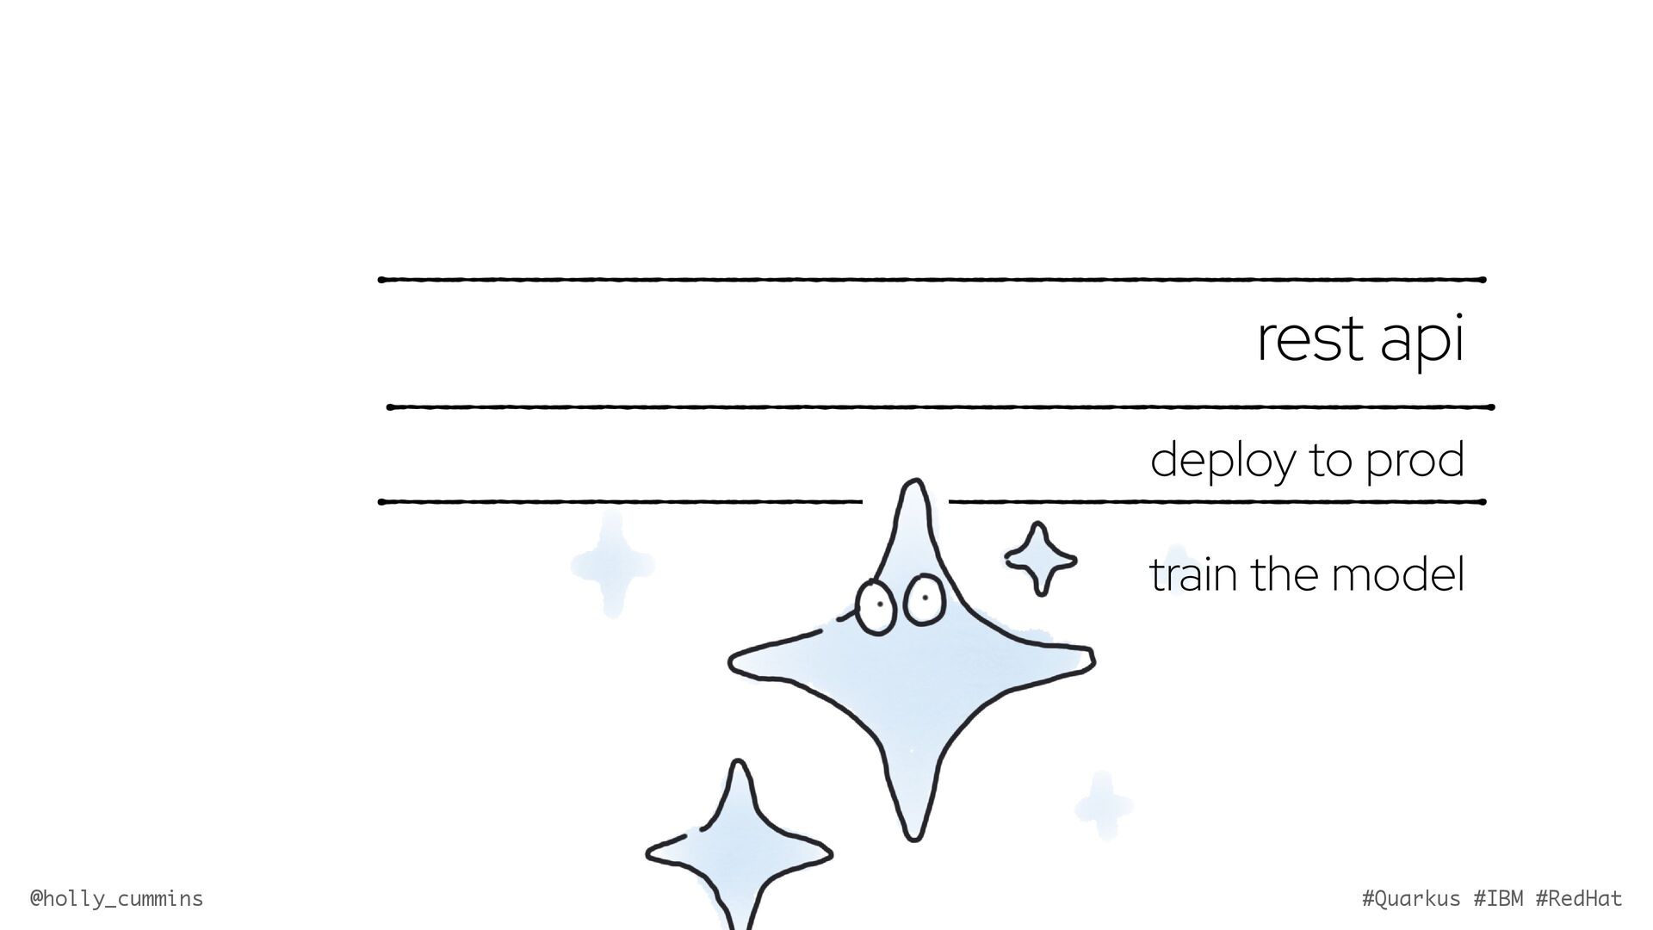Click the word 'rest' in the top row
pyautogui.click(x=1309, y=340)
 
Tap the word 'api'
pyautogui.click(x=1421, y=342)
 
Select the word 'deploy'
pyautogui.click(x=1223, y=461)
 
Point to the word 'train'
pyautogui.click(x=1195, y=574)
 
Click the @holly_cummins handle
pyautogui.click(x=116, y=899)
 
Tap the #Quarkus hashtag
pyautogui.click(x=1411, y=899)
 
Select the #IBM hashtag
pyautogui.click(x=1498, y=899)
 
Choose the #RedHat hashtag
pyautogui.click(x=1579, y=899)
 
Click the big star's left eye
pyautogui.click(x=876, y=607)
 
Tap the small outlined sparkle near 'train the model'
pyautogui.click(x=1040, y=559)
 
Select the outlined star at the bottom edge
pyautogui.click(x=738, y=852)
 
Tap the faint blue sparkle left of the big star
pyautogui.click(x=612, y=565)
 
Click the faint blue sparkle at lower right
pyautogui.click(x=1103, y=806)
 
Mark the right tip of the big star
pyautogui.click(x=1090, y=659)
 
